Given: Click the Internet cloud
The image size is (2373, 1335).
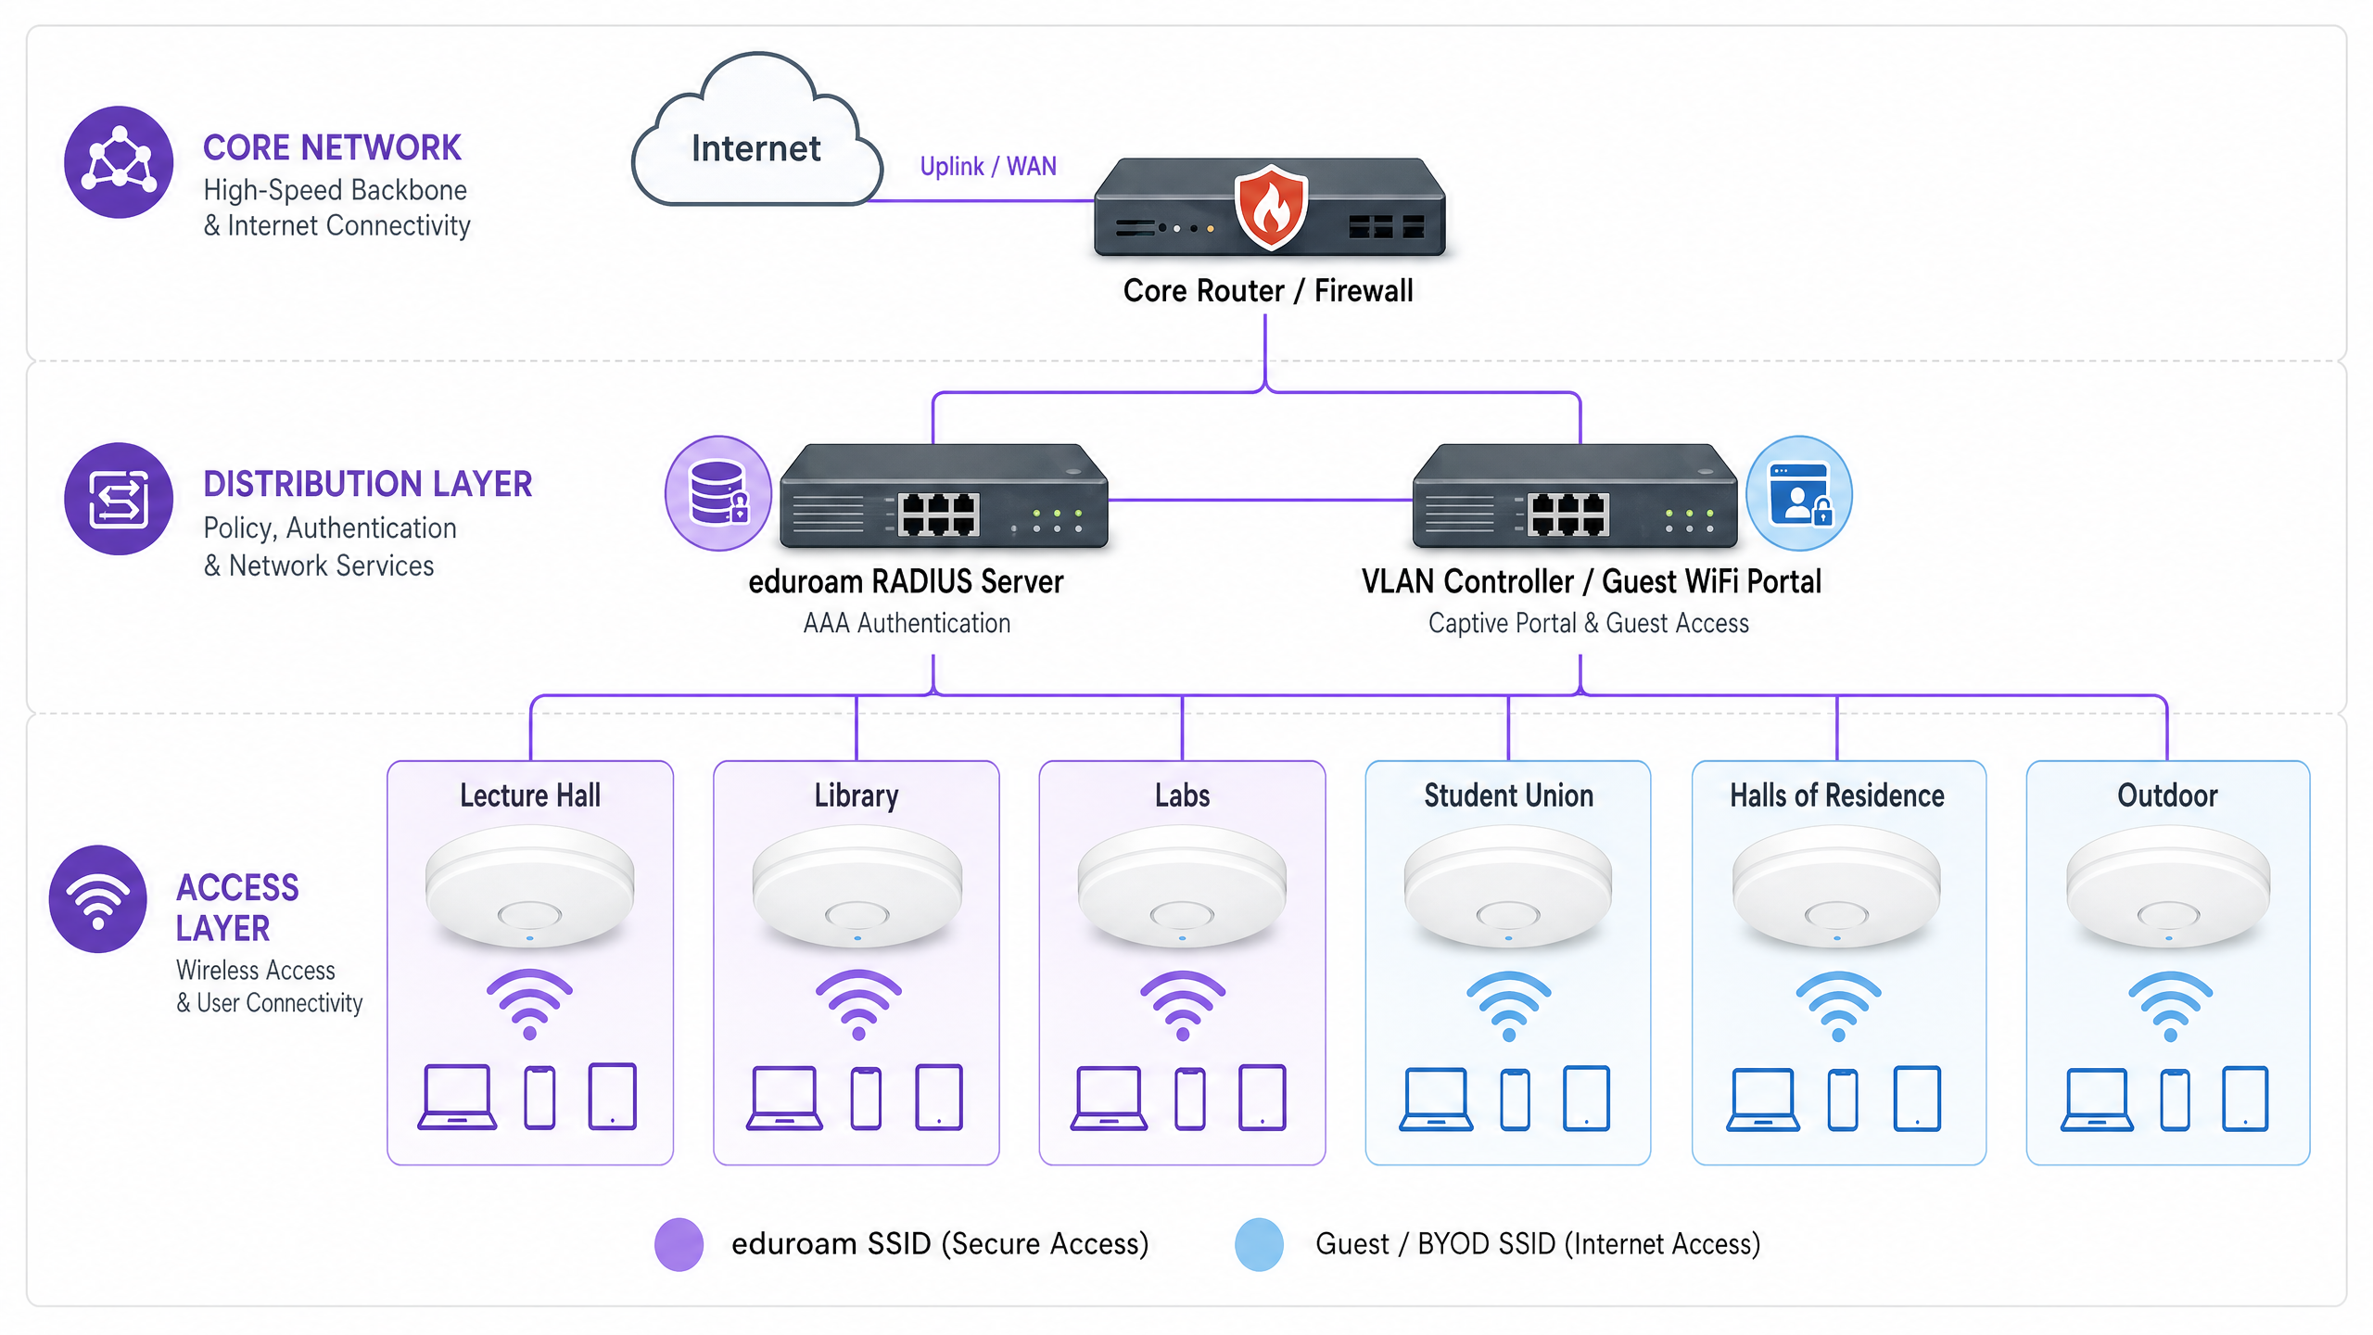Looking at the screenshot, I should point(755,139).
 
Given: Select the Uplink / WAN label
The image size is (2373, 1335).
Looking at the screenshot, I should point(987,166).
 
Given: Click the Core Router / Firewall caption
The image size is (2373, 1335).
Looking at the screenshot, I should point(1267,291).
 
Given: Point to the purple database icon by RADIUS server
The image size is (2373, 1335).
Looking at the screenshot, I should point(718,493).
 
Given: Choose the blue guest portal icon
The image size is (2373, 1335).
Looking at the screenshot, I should point(1798,493).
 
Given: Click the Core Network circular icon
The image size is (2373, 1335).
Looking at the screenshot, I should point(119,162).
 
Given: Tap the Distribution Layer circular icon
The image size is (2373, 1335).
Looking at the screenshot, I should point(119,499).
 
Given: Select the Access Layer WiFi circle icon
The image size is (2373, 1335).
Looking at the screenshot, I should point(98,898).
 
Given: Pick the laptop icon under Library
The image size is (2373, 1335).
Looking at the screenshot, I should point(784,1099).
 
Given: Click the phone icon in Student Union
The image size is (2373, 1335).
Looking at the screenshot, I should point(1515,1100).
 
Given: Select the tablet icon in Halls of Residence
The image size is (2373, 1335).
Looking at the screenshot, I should point(1917,1099).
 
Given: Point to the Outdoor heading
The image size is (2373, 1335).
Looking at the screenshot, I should point(2167,795).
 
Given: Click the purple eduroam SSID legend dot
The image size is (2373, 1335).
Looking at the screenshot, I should point(679,1244).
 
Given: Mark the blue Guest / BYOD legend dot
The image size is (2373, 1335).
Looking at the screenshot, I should point(1259,1244).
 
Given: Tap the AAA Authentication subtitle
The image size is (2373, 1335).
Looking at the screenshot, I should point(907,624).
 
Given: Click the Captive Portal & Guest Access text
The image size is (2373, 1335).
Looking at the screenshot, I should point(1588,624).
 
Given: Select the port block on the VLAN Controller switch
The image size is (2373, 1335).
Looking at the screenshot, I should point(1567,515).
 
